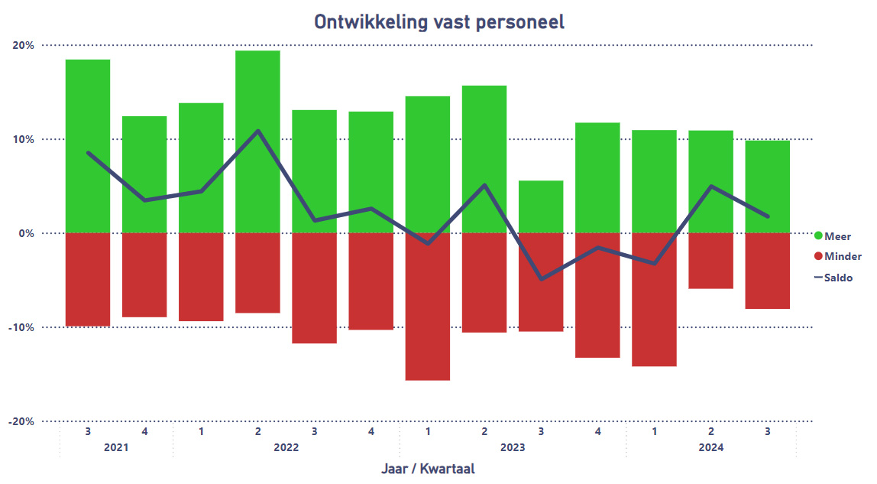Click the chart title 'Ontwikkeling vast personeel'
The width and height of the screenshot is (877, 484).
click(439, 21)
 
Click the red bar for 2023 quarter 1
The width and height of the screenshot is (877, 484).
click(428, 306)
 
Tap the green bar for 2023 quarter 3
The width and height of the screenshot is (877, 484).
click(541, 206)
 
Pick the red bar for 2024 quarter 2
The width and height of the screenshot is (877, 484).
click(710, 261)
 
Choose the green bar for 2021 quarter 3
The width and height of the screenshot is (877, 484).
click(88, 115)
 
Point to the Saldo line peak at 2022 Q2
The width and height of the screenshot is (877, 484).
click(258, 131)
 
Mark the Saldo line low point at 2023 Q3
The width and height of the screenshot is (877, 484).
click(541, 279)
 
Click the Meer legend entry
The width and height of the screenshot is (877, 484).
click(837, 236)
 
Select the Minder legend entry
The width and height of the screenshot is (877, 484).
click(842, 256)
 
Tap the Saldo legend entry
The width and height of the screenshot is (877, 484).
click(837, 277)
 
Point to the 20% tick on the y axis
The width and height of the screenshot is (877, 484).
click(24, 45)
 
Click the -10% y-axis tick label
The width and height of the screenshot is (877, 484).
click(21, 327)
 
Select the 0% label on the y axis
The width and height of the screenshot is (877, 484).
click(27, 233)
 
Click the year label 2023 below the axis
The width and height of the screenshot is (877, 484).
click(513, 447)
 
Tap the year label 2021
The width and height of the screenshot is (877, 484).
click(116, 447)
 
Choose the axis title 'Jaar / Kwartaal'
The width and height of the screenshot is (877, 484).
click(428, 469)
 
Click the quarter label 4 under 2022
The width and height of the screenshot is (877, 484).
click(371, 432)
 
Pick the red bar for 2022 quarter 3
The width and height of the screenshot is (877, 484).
click(314, 287)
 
